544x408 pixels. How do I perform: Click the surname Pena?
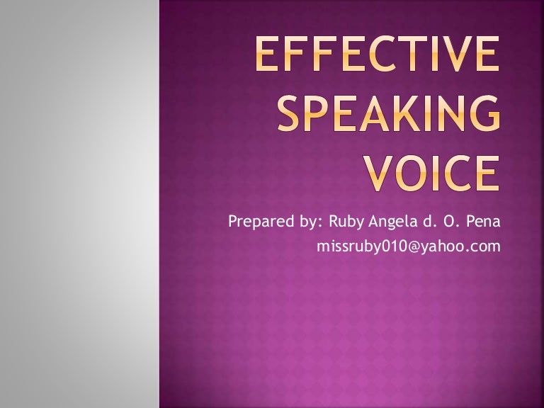pos(484,222)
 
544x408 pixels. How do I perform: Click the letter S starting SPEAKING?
pos(290,115)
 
